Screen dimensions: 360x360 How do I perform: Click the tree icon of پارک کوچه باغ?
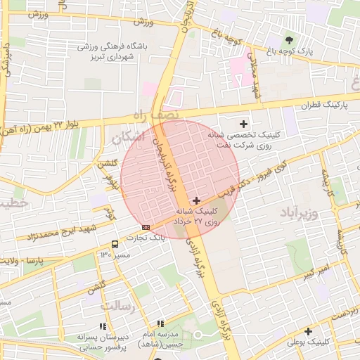pyautogui.click(x=289, y=39)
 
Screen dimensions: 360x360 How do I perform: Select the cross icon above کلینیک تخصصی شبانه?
pyautogui.click(x=243, y=124)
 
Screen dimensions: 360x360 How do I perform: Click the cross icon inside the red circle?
pyautogui.click(x=196, y=200)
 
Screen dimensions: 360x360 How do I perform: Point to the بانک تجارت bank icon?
pyautogui.click(x=146, y=227)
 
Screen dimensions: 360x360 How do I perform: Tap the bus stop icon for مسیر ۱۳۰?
pyautogui.click(x=115, y=244)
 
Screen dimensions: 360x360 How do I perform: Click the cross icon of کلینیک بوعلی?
pyautogui.click(x=308, y=331)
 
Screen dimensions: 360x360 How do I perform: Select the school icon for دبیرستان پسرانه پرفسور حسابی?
pyautogui.click(x=103, y=327)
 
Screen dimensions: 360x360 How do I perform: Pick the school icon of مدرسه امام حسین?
pyautogui.click(x=160, y=324)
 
